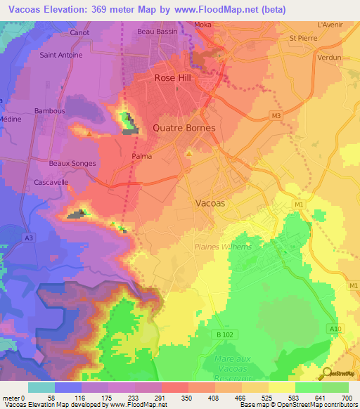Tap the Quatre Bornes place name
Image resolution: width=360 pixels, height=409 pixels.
184,129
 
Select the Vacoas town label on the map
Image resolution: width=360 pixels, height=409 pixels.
210,202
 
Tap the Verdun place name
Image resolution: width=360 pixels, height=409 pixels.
329,58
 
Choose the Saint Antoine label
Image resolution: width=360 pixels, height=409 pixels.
61,55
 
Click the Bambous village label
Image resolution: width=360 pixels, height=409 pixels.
49,111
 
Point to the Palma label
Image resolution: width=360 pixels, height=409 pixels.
142,157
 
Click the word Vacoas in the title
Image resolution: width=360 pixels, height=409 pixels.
30,9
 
